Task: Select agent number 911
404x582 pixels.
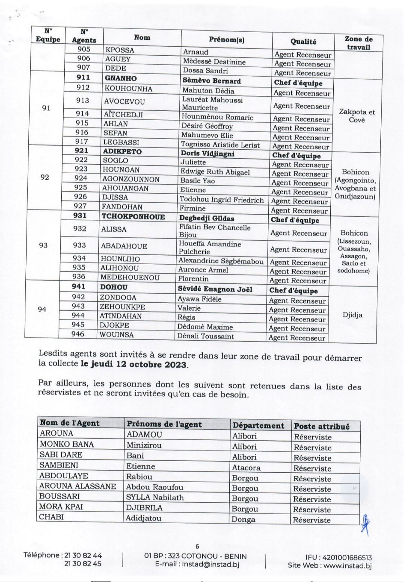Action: tap(83, 78)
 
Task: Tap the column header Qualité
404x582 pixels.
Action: tap(303, 42)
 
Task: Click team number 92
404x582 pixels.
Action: tap(45, 177)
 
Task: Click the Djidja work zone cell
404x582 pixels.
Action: tap(352, 315)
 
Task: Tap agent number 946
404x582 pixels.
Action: tap(78, 334)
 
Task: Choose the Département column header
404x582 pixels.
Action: tap(258, 426)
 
